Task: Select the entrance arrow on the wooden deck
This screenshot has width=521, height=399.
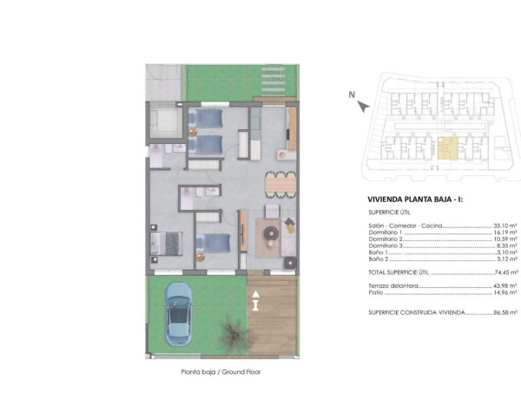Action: pos(255,303)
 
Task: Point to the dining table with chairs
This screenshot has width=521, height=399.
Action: pos(280,184)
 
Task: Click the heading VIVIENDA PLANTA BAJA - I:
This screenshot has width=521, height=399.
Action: pos(415,199)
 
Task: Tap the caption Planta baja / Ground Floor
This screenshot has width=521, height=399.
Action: pos(221,372)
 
